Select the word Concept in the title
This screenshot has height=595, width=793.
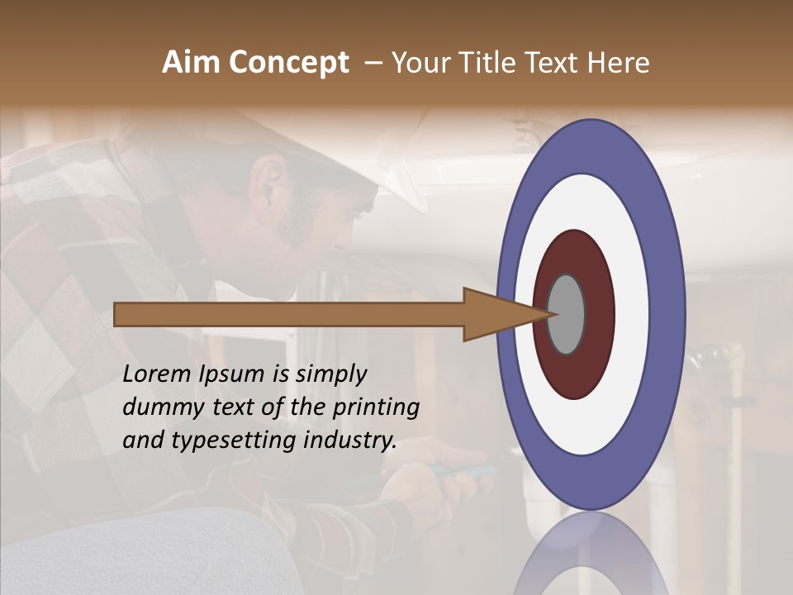click(x=288, y=63)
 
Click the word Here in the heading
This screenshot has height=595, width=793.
click(x=619, y=63)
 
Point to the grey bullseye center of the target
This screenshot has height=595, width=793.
click(x=567, y=314)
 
